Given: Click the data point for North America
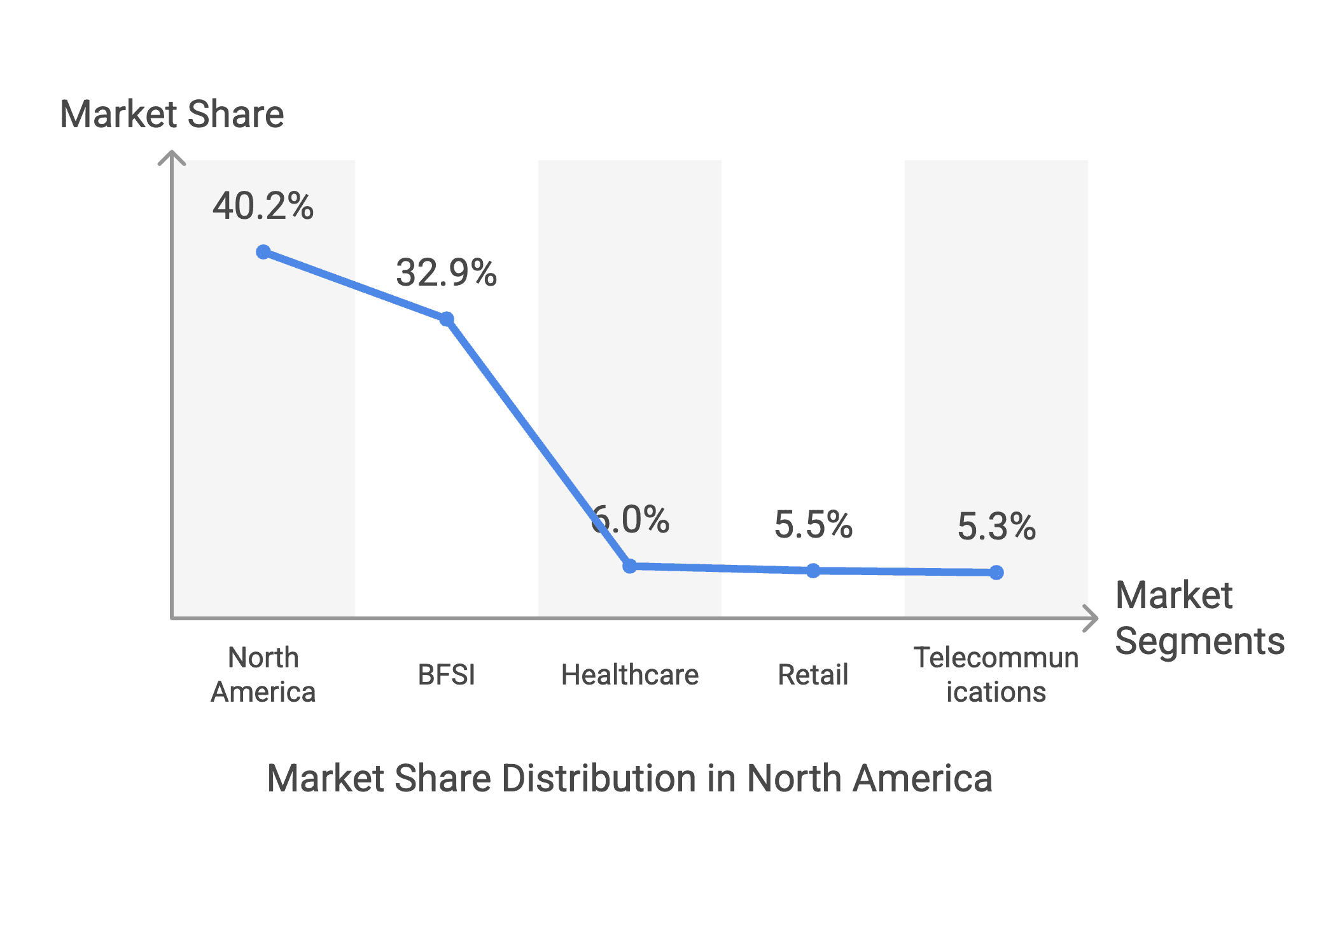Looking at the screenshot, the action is click(263, 252).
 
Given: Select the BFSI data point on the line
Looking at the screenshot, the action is click(447, 319).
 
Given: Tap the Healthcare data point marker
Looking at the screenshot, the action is click(630, 566).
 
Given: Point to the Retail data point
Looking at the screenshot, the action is click(813, 571).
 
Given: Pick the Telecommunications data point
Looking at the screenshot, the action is click(996, 573).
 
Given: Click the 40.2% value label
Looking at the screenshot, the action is click(263, 206).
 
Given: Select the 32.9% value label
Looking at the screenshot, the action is click(447, 272).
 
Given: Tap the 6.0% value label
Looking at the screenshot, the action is click(630, 519).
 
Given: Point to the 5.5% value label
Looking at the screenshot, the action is click(813, 525).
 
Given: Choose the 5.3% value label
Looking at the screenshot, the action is click(996, 527).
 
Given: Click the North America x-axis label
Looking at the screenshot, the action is click(263, 674).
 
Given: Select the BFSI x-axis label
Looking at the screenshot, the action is click(447, 674).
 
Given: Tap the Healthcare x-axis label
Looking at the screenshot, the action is click(630, 674).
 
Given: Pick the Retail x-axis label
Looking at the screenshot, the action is click(813, 674).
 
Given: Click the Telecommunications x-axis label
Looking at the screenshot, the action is click(996, 674).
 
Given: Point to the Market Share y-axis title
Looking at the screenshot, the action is click(172, 115).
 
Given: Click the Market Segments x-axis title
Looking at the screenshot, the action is click(1200, 618).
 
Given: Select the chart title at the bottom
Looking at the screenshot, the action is click(630, 778).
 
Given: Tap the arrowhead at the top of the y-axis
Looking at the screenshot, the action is click(172, 153).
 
